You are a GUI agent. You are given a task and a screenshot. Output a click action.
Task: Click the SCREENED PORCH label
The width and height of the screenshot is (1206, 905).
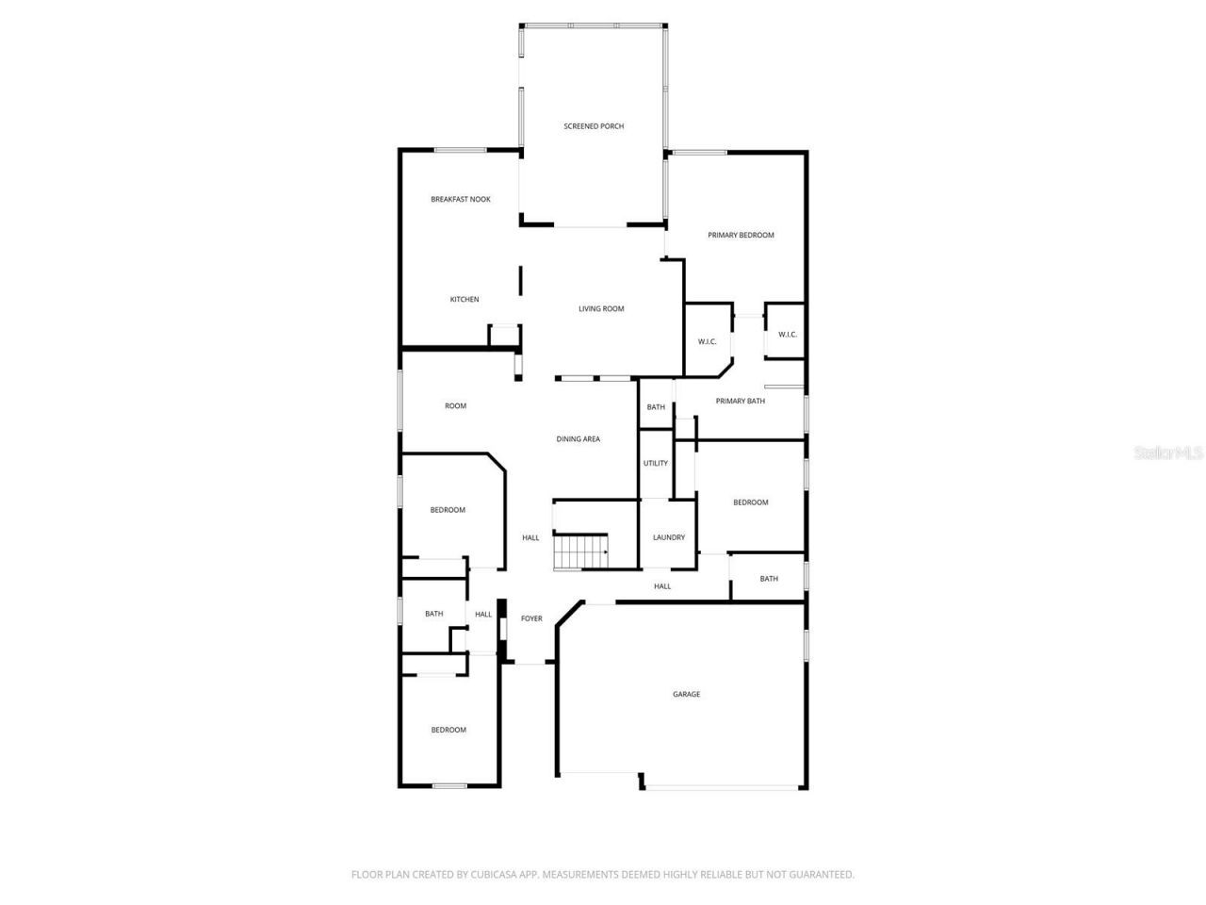(x=594, y=126)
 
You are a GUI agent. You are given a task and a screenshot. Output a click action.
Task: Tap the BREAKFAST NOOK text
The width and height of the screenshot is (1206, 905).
(x=461, y=200)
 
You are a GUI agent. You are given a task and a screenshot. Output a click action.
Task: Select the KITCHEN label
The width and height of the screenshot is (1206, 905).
(x=464, y=300)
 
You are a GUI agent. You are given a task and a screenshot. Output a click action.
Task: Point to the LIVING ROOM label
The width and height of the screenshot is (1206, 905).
(x=601, y=309)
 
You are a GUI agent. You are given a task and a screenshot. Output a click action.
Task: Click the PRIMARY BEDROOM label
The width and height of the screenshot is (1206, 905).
(x=741, y=236)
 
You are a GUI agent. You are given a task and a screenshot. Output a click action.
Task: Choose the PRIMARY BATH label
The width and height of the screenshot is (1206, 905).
(x=740, y=402)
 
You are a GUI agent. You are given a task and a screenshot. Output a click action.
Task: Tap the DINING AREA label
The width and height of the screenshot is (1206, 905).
(x=578, y=439)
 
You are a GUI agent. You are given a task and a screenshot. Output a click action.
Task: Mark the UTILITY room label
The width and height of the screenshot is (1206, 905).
(x=656, y=464)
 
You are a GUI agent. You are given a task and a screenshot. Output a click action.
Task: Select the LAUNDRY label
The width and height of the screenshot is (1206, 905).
(x=669, y=538)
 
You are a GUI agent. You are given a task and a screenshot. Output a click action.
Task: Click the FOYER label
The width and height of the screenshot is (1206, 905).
(x=531, y=619)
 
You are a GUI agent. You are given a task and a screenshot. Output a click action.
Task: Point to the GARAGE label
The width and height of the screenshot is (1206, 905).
(x=686, y=695)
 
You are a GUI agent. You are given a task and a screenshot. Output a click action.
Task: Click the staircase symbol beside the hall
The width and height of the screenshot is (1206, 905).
(x=579, y=551)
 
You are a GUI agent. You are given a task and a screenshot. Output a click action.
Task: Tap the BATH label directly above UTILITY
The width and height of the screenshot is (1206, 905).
(x=656, y=408)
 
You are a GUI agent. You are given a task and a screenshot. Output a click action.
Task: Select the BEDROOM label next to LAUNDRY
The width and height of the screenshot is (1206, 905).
(x=751, y=502)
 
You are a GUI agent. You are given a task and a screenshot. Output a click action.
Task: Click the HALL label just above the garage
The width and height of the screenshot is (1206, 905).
(x=662, y=586)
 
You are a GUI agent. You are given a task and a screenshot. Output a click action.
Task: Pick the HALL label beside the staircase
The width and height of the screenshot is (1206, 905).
(x=530, y=538)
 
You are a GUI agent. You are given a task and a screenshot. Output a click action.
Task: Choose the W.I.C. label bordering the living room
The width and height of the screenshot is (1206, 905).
(x=708, y=342)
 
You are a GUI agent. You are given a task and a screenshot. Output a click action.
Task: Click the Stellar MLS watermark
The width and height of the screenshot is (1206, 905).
(x=1168, y=453)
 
